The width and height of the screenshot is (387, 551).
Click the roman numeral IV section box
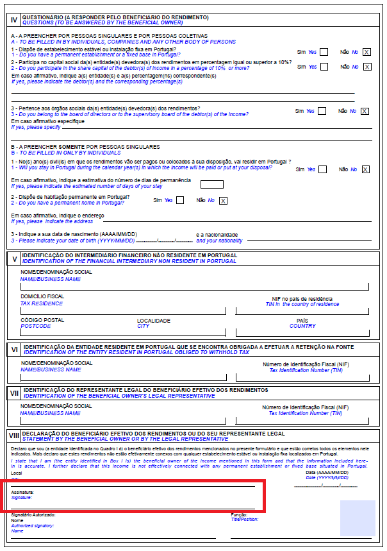[13, 19]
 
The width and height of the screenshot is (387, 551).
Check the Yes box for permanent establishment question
[324, 52]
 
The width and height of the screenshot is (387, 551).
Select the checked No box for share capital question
[366, 67]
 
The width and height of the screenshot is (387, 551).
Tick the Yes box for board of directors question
[324, 111]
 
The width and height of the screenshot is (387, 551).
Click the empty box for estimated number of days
[217, 185]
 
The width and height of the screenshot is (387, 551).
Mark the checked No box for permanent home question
[223, 201]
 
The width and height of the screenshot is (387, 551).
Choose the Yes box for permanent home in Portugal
[180, 201]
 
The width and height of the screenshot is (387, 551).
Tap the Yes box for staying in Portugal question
[323, 170]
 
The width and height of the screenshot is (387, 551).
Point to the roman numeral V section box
[13, 259]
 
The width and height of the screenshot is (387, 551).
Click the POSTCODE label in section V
[35, 326]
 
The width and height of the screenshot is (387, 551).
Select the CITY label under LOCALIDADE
[143, 326]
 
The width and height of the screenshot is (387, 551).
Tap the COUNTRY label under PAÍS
[302, 326]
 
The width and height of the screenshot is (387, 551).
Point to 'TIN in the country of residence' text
[302, 304]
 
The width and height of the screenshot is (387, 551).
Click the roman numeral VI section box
[13, 350]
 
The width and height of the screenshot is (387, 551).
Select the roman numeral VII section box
[13, 393]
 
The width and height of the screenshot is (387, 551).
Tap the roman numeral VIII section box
[13, 436]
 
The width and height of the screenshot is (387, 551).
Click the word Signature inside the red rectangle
[21, 497]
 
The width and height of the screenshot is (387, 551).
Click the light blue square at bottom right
[358, 518]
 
